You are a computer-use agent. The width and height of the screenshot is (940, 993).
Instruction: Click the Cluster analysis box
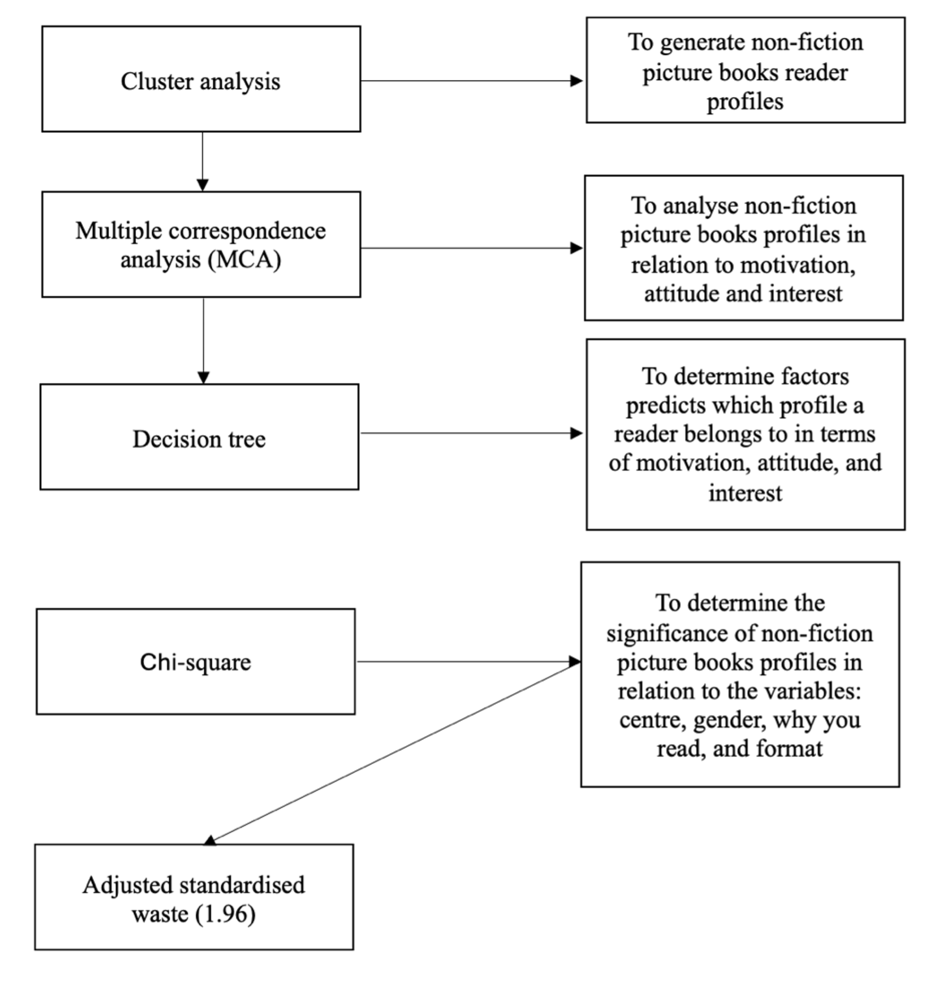[x=201, y=79]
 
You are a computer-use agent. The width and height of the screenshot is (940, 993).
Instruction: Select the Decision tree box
[x=199, y=437]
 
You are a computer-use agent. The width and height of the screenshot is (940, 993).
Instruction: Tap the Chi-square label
[x=195, y=662]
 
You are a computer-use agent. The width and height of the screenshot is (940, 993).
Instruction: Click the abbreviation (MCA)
[x=245, y=259]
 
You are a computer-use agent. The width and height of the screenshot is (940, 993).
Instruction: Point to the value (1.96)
[x=225, y=915]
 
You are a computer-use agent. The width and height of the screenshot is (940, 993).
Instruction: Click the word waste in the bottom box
[x=160, y=915]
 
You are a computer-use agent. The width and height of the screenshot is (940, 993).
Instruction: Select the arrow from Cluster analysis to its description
[x=472, y=81]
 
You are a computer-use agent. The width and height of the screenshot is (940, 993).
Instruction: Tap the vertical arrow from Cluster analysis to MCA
[x=202, y=161]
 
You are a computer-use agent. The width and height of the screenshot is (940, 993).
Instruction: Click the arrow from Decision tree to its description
[x=472, y=433]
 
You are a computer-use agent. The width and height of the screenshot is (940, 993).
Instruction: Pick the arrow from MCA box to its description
[x=472, y=248]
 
